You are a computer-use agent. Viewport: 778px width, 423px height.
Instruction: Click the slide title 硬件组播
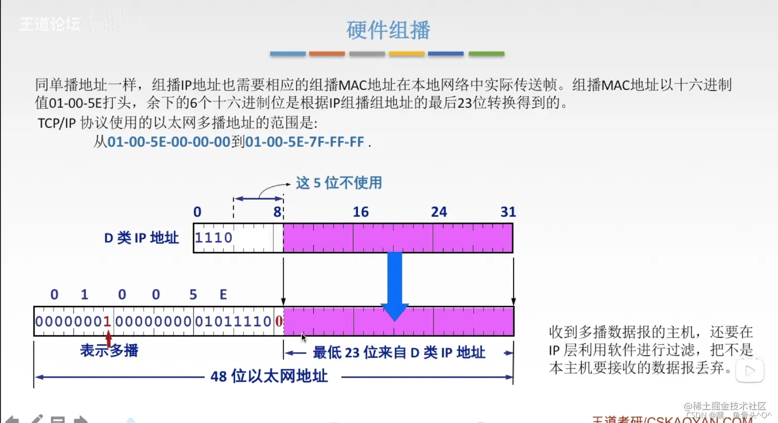[388, 30]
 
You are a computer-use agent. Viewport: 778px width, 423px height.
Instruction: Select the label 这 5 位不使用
[339, 183]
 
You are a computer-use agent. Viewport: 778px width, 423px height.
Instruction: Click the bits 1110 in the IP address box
[214, 238]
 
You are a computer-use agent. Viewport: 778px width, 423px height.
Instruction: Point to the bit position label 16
[361, 212]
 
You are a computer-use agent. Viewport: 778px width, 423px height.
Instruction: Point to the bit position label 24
[439, 212]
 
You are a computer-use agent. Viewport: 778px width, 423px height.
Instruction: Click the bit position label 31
[508, 212]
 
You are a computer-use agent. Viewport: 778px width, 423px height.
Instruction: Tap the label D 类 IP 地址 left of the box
[142, 238]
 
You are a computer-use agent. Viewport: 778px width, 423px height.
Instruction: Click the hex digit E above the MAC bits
[223, 294]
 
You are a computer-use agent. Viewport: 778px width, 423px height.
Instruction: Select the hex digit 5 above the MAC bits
[193, 294]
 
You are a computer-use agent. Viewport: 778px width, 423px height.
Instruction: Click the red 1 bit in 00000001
[107, 322]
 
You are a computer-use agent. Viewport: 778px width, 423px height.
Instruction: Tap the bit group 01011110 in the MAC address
[233, 322]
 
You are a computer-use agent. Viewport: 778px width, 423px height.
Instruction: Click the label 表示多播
[109, 351]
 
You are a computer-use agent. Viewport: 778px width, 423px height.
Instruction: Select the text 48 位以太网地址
[269, 376]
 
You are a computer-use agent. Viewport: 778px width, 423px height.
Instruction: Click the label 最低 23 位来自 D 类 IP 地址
[399, 352]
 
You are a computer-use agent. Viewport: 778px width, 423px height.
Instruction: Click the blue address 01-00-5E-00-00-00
[169, 142]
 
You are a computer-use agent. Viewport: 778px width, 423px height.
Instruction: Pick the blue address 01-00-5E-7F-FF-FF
[305, 142]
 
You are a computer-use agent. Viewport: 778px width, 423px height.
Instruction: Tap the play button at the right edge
[750, 371]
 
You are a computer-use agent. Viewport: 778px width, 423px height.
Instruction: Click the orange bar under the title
[327, 54]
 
